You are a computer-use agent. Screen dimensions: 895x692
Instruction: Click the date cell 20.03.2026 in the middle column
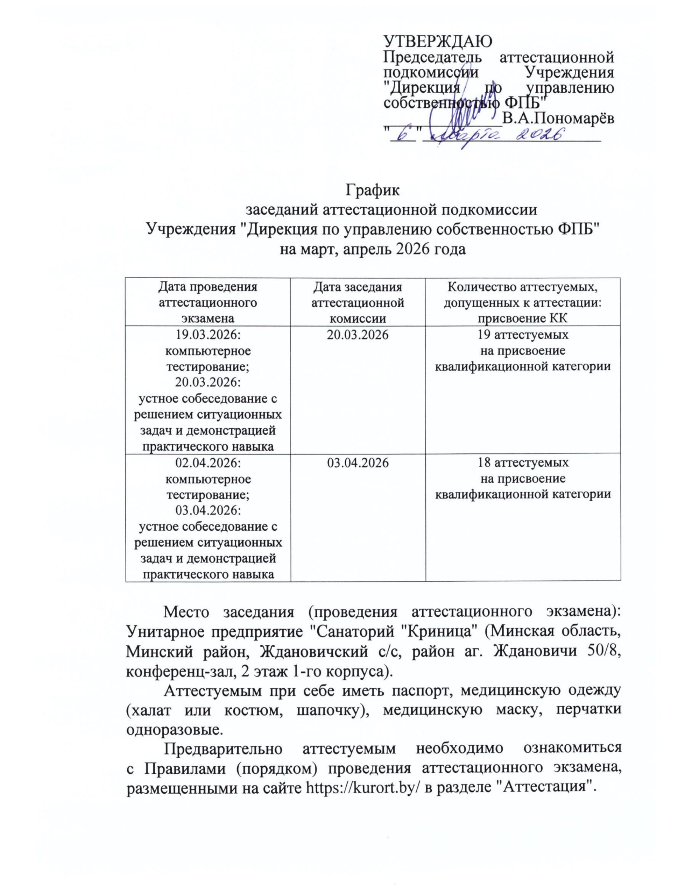[x=357, y=335]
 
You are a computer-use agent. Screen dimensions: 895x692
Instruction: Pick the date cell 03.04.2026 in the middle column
[x=357, y=463]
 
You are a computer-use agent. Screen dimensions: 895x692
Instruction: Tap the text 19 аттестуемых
[x=523, y=335]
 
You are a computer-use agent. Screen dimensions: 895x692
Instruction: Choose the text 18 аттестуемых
[x=523, y=463]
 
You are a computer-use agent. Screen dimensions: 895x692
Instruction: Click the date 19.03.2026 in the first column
[x=208, y=335]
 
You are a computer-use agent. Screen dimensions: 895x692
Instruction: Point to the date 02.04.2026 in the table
[x=208, y=463]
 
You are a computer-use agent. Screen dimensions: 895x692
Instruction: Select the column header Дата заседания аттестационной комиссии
[x=357, y=302]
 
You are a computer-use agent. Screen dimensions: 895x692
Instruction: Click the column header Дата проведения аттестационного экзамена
[x=208, y=302]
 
